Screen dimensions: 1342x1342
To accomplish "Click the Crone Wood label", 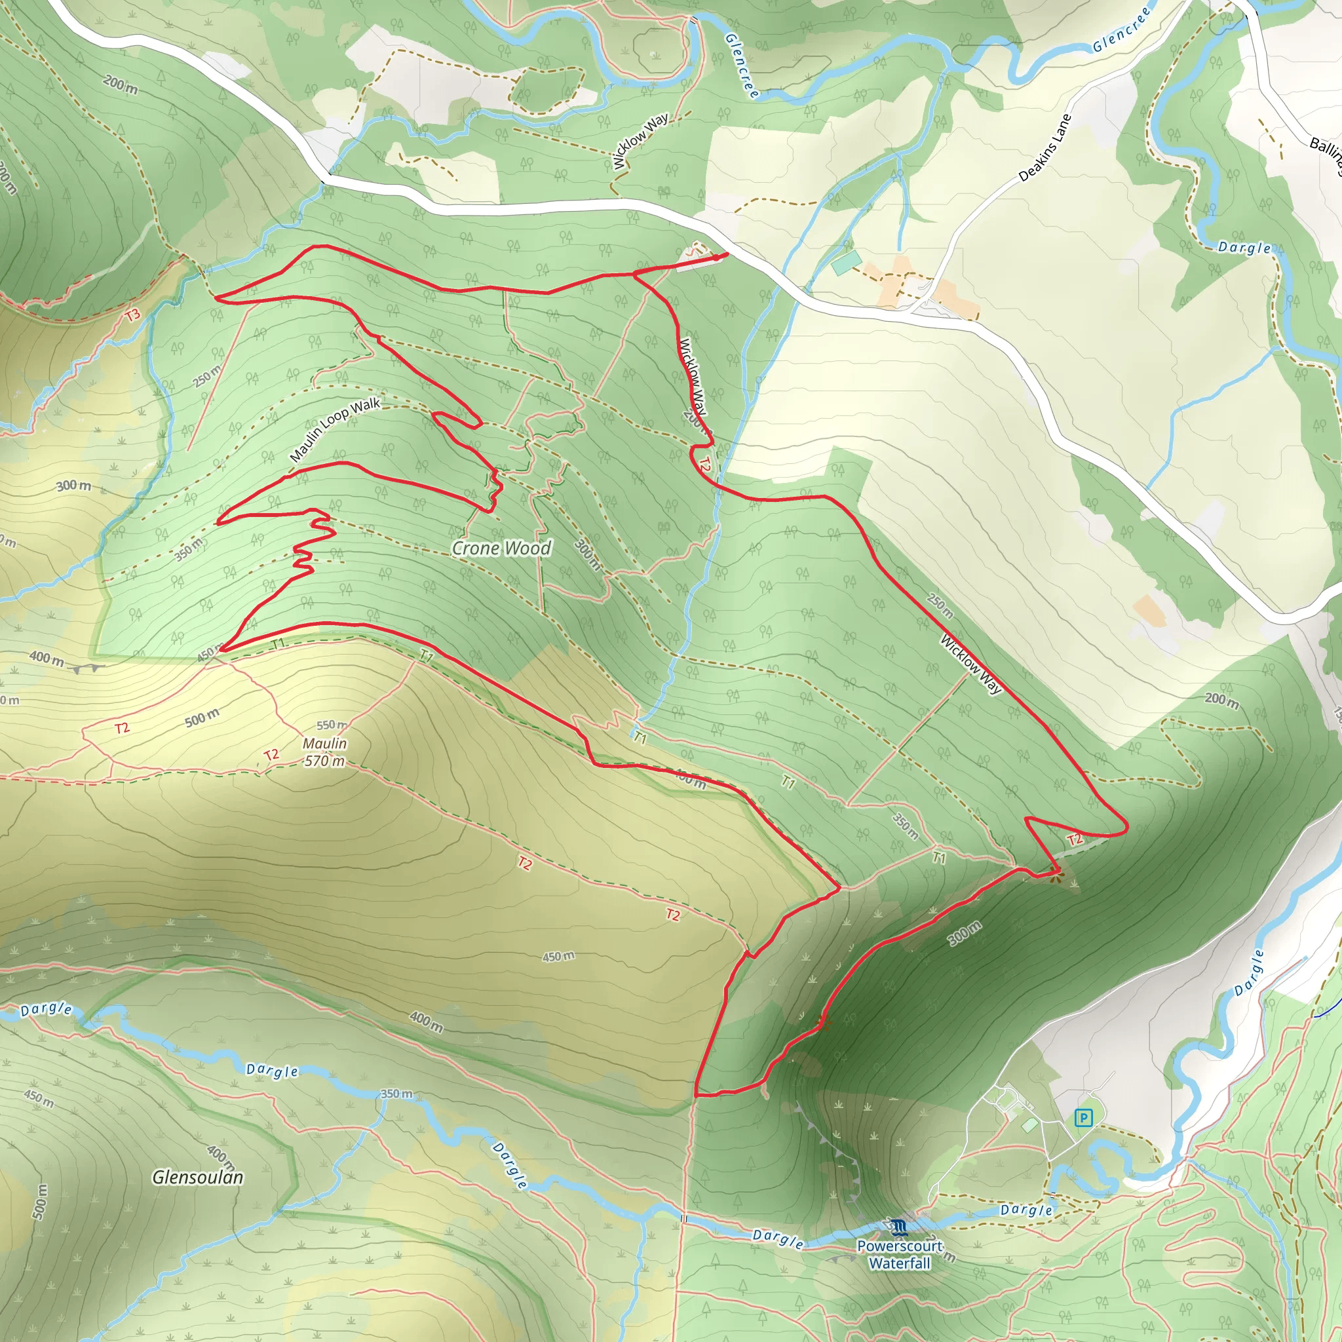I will pos(501,548).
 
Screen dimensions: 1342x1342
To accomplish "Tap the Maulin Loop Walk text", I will pos(334,430).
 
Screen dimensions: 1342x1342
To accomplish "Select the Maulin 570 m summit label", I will pos(324,752).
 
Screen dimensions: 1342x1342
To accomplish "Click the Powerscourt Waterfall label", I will pos(900,1254).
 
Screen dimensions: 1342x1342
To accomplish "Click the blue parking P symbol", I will pos(1083,1119).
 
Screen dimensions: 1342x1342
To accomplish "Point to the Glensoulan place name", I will pos(198,1177).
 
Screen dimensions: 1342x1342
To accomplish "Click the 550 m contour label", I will pos(332,725).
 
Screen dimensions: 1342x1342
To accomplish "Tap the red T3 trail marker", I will pos(132,315).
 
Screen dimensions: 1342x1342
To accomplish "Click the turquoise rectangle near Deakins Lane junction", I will pos(847,263).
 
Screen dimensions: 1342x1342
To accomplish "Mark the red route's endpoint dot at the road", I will pos(717,258).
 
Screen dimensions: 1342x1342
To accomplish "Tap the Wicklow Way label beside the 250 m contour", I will pos(971,664).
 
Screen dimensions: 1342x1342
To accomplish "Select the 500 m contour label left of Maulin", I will pos(202,718).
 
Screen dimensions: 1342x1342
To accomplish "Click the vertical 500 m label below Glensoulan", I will pos(40,1202).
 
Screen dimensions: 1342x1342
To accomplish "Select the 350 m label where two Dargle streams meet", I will pos(396,1094).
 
